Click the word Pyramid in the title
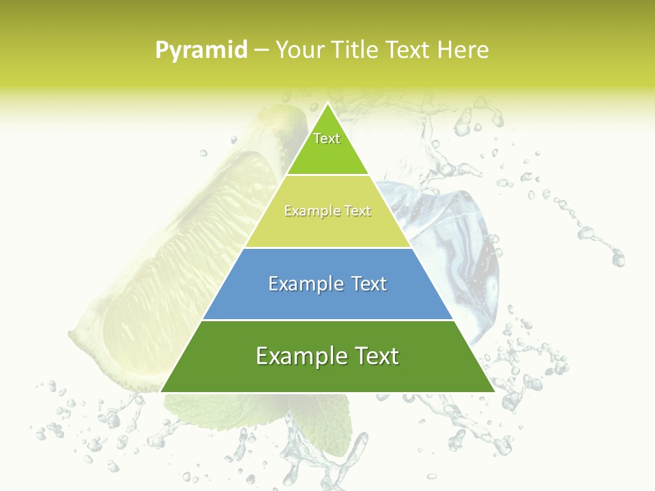pos(201,50)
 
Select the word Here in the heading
pos(463,50)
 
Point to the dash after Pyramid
pos(261,50)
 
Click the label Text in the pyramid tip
pos(327,138)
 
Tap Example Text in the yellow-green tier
pos(327,211)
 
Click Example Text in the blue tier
pos(327,284)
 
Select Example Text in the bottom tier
pos(327,356)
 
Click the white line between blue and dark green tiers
pos(327,320)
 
